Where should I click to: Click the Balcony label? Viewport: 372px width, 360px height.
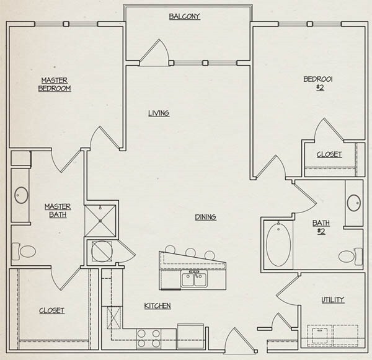tap(185, 17)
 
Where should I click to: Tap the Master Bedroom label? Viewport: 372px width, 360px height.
tap(55, 84)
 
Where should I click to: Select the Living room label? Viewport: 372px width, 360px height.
tap(159, 113)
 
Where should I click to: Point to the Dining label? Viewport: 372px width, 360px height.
tap(205, 217)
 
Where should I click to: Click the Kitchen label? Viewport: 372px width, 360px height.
tap(157, 306)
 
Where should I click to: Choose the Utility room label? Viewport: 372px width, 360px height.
tap(332, 300)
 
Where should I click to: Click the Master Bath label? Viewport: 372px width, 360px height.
tap(57, 211)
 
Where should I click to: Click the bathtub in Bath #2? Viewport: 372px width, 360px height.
tap(278, 244)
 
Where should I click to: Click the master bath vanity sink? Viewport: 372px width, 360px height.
tap(21, 196)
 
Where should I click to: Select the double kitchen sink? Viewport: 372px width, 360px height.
tap(194, 279)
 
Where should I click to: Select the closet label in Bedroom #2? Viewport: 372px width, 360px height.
tap(329, 155)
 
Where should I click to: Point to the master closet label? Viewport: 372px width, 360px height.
tap(51, 311)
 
